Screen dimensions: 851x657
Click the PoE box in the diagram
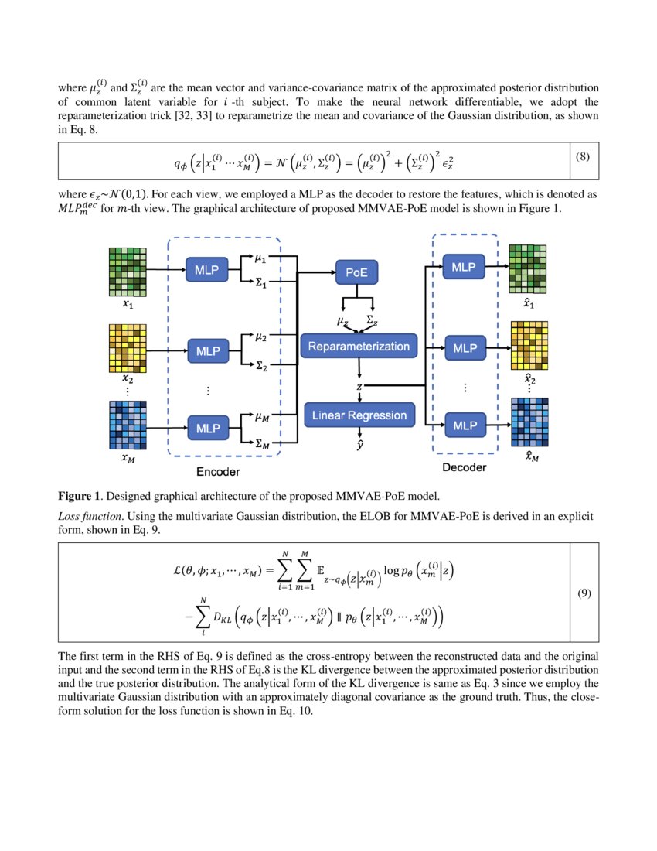[356, 272]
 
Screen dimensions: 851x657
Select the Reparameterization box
[359, 347]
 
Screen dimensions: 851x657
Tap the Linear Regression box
[359, 415]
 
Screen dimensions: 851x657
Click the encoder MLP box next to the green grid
[207, 271]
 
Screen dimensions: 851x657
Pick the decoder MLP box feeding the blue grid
[465, 425]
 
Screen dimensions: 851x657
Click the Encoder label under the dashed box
[217, 472]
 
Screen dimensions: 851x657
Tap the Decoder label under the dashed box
[464, 468]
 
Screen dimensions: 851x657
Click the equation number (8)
[583, 157]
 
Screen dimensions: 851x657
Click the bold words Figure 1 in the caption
[82, 495]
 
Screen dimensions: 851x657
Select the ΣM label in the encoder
[263, 445]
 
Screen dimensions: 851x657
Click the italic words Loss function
[92, 514]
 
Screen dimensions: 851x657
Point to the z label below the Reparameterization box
[358, 384]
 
